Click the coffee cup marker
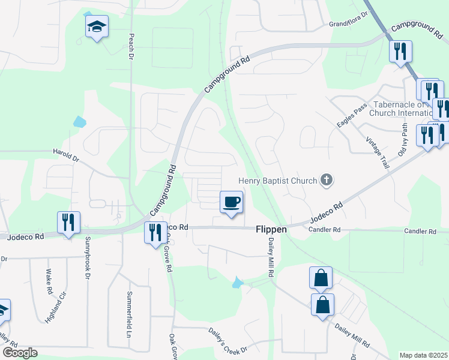[x=232, y=202]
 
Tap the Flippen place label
[x=271, y=229]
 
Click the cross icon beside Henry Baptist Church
[x=327, y=179]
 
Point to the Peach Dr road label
[x=130, y=47]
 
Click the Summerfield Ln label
[x=128, y=314]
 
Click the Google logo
[x=19, y=353]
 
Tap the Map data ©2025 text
[x=423, y=355]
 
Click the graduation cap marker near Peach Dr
[x=96, y=27]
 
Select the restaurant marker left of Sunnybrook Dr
[x=68, y=222]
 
